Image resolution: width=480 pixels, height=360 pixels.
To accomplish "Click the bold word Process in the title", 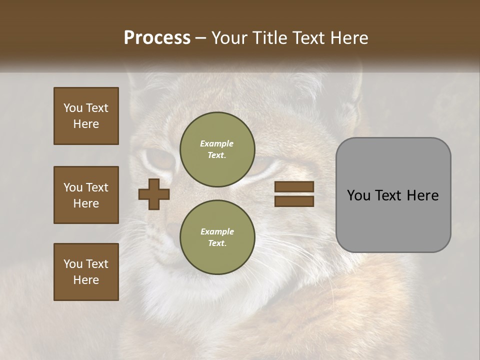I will click(x=157, y=38).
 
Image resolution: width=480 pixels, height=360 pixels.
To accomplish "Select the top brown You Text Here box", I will click(x=86, y=116).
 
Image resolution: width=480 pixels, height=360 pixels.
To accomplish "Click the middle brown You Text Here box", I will click(x=86, y=195).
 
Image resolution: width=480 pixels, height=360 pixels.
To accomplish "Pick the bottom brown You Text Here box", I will click(x=86, y=272).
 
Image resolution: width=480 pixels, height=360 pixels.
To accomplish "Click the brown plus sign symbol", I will click(x=154, y=194).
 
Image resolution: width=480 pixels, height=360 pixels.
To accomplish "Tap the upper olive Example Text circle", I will click(x=217, y=149).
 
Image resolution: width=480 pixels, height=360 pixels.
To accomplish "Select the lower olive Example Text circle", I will click(x=217, y=237).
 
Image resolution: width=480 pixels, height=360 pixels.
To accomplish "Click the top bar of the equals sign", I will click(x=294, y=187).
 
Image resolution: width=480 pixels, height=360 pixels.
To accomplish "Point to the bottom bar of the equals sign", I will click(x=294, y=201).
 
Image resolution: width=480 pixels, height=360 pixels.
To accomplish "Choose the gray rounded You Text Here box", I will click(x=393, y=195).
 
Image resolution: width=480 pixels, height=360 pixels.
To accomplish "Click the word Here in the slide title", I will click(x=349, y=38).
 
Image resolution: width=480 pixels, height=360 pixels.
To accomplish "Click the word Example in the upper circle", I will click(x=217, y=143).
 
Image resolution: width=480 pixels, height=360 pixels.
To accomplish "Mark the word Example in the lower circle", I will click(x=217, y=231).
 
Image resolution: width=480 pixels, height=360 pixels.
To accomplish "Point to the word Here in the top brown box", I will click(x=86, y=124).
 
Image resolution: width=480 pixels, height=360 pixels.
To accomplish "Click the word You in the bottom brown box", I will click(x=73, y=264).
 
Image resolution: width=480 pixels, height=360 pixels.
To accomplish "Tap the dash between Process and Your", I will click(x=201, y=38).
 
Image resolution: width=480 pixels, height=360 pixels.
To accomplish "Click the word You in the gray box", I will click(x=359, y=195).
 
